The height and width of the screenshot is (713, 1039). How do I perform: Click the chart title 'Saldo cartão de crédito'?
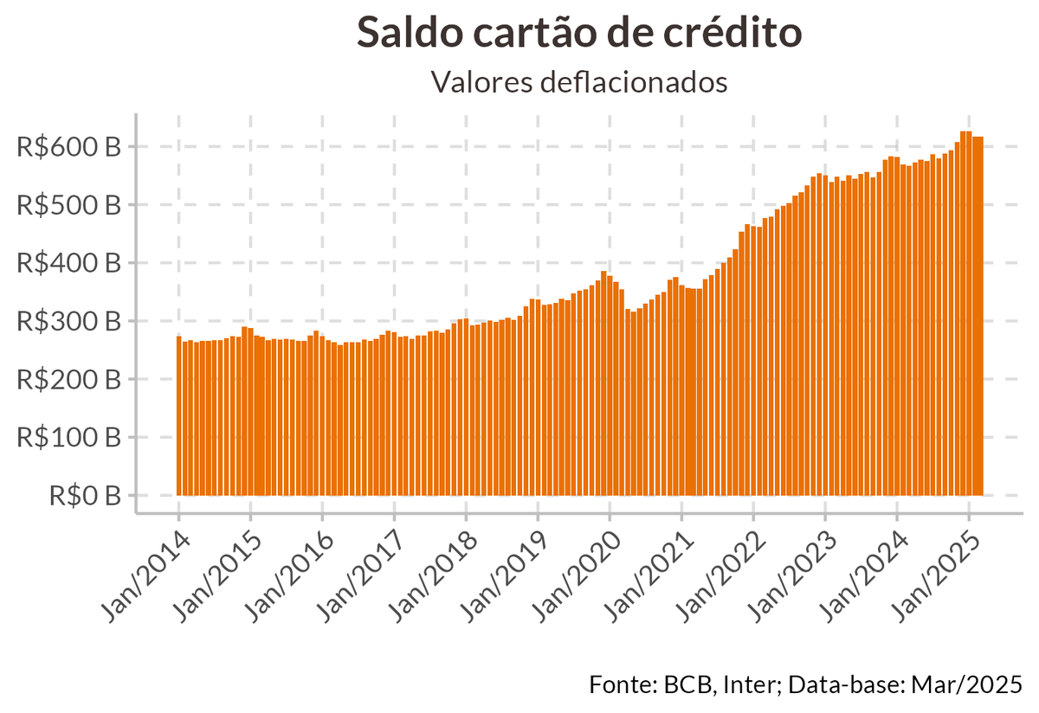(x=579, y=33)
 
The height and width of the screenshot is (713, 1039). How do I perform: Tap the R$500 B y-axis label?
(x=69, y=205)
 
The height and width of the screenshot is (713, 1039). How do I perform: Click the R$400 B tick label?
(x=69, y=263)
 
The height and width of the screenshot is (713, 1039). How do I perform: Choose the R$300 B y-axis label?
(x=69, y=321)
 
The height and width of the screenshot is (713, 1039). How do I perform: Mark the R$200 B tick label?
(x=69, y=379)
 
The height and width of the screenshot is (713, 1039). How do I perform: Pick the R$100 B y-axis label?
(x=69, y=437)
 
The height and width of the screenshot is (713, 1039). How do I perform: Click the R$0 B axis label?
(x=86, y=496)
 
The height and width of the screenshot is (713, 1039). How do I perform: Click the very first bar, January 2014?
(x=179, y=415)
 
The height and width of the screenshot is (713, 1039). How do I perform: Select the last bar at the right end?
(x=980, y=316)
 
